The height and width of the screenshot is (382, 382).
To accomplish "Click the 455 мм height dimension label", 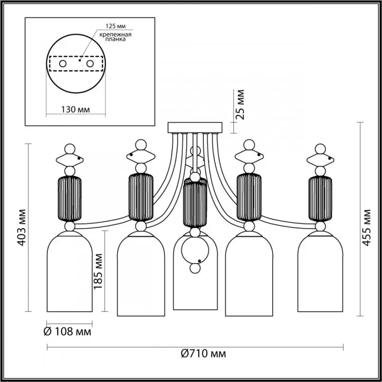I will coord(366,226).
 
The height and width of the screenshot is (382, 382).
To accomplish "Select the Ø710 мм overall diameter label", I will coord(203,354).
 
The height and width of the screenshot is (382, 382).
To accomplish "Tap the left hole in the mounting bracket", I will coord(63,63).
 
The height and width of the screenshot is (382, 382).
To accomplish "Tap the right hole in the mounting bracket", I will coord(90,63).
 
